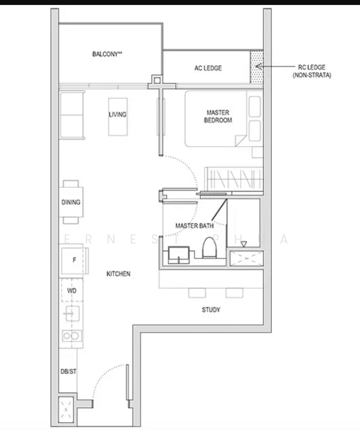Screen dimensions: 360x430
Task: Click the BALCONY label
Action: click(107, 54)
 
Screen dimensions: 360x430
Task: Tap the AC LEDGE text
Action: click(208, 68)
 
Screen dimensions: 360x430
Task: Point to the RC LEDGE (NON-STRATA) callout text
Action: click(312, 71)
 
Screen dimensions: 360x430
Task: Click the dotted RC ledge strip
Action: click(257, 67)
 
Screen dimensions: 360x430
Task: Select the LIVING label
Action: click(118, 115)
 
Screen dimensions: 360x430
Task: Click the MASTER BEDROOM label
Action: click(218, 116)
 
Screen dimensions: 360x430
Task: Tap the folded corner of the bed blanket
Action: click(241, 140)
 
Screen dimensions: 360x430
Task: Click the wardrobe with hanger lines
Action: click(234, 179)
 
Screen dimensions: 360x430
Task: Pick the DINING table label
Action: click(71, 202)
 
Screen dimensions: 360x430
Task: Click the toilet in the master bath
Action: click(209, 248)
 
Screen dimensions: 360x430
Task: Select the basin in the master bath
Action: click(179, 255)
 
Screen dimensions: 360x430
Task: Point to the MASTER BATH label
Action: click(194, 226)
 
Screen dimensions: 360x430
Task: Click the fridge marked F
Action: click(74, 260)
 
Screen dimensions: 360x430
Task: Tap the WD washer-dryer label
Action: click(72, 291)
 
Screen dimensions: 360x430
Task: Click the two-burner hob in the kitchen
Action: click(72, 335)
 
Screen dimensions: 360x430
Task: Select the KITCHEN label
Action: click(118, 274)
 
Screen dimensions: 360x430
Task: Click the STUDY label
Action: click(211, 310)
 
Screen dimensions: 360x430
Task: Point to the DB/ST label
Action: click(68, 371)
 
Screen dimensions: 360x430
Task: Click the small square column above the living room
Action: click(156, 80)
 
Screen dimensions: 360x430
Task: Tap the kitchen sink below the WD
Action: click(72, 313)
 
